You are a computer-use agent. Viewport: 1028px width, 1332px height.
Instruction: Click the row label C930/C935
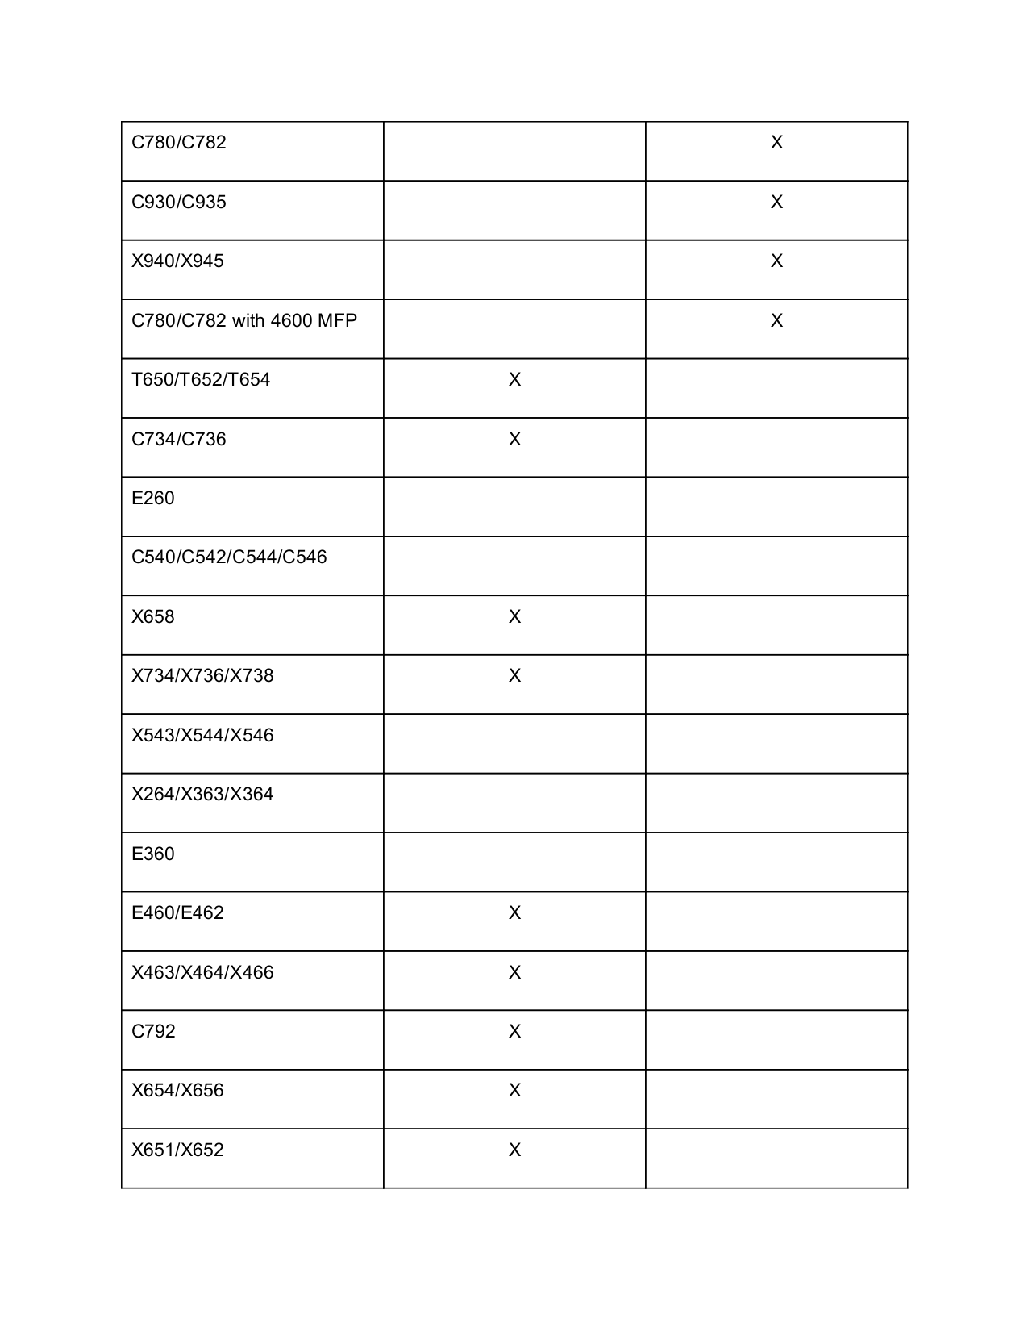(x=178, y=202)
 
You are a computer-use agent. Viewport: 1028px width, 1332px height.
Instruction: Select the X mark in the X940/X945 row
(x=776, y=261)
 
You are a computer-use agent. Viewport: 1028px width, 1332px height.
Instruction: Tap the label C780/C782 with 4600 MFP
(x=243, y=320)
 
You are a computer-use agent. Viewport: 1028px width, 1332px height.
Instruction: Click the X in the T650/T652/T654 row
(x=514, y=379)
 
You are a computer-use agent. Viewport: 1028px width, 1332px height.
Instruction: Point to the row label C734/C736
(x=178, y=439)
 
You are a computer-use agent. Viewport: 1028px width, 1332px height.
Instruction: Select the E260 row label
(x=152, y=498)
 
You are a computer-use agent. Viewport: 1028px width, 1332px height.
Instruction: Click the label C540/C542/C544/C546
(x=229, y=557)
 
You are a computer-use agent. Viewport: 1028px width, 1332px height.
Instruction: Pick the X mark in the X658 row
(x=514, y=616)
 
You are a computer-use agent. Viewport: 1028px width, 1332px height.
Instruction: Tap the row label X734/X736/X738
(x=202, y=675)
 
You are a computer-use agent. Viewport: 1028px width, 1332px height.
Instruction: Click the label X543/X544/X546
(x=202, y=735)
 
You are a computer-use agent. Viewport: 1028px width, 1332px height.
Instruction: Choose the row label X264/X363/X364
(x=202, y=794)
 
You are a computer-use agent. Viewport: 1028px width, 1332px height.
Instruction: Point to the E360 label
(x=152, y=854)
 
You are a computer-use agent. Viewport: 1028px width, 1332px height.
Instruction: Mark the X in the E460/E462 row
(x=514, y=912)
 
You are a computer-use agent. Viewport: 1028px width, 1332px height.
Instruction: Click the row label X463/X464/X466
(x=202, y=972)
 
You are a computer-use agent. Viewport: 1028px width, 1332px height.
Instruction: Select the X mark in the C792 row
(x=514, y=1031)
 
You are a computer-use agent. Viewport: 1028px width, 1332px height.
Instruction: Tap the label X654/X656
(x=177, y=1090)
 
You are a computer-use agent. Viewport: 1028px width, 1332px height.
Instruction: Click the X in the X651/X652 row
(x=514, y=1150)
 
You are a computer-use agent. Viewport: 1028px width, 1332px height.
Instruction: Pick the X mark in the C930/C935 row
(x=776, y=202)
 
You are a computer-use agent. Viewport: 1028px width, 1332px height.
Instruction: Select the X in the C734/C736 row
(x=514, y=439)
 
